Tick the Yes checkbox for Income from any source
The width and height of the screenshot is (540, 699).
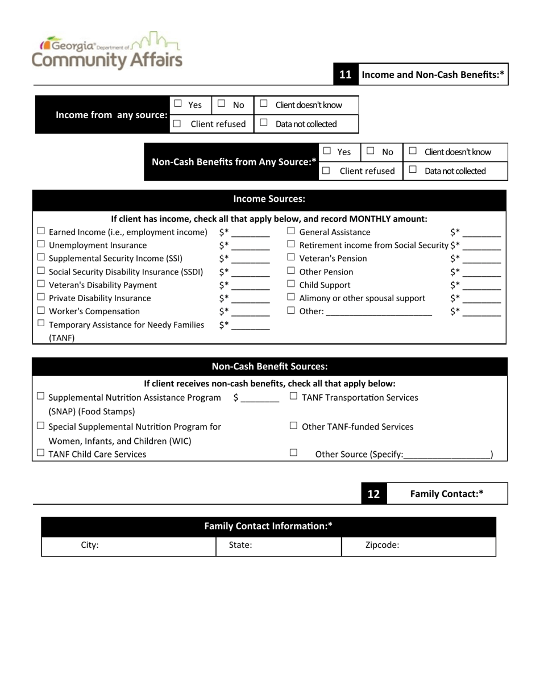coord(178,104)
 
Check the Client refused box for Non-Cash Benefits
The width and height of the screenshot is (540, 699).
coord(326,170)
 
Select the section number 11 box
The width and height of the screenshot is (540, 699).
coord(346,74)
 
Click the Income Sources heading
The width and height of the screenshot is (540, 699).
coord(269,199)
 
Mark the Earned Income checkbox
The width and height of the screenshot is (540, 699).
coord(41,231)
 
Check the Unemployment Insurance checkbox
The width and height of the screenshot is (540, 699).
coord(41,245)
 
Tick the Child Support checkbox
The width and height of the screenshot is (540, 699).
coord(291,284)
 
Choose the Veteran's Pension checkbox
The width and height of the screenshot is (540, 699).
coord(291,258)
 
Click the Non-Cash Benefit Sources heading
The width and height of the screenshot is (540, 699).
coord(269,367)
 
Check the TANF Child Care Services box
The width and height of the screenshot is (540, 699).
coord(41,453)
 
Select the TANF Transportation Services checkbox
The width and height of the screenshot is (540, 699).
coord(293,397)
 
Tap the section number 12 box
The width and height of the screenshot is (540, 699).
coord(373,494)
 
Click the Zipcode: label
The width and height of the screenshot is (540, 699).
coord(382,545)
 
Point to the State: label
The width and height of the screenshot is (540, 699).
coord(240,545)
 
